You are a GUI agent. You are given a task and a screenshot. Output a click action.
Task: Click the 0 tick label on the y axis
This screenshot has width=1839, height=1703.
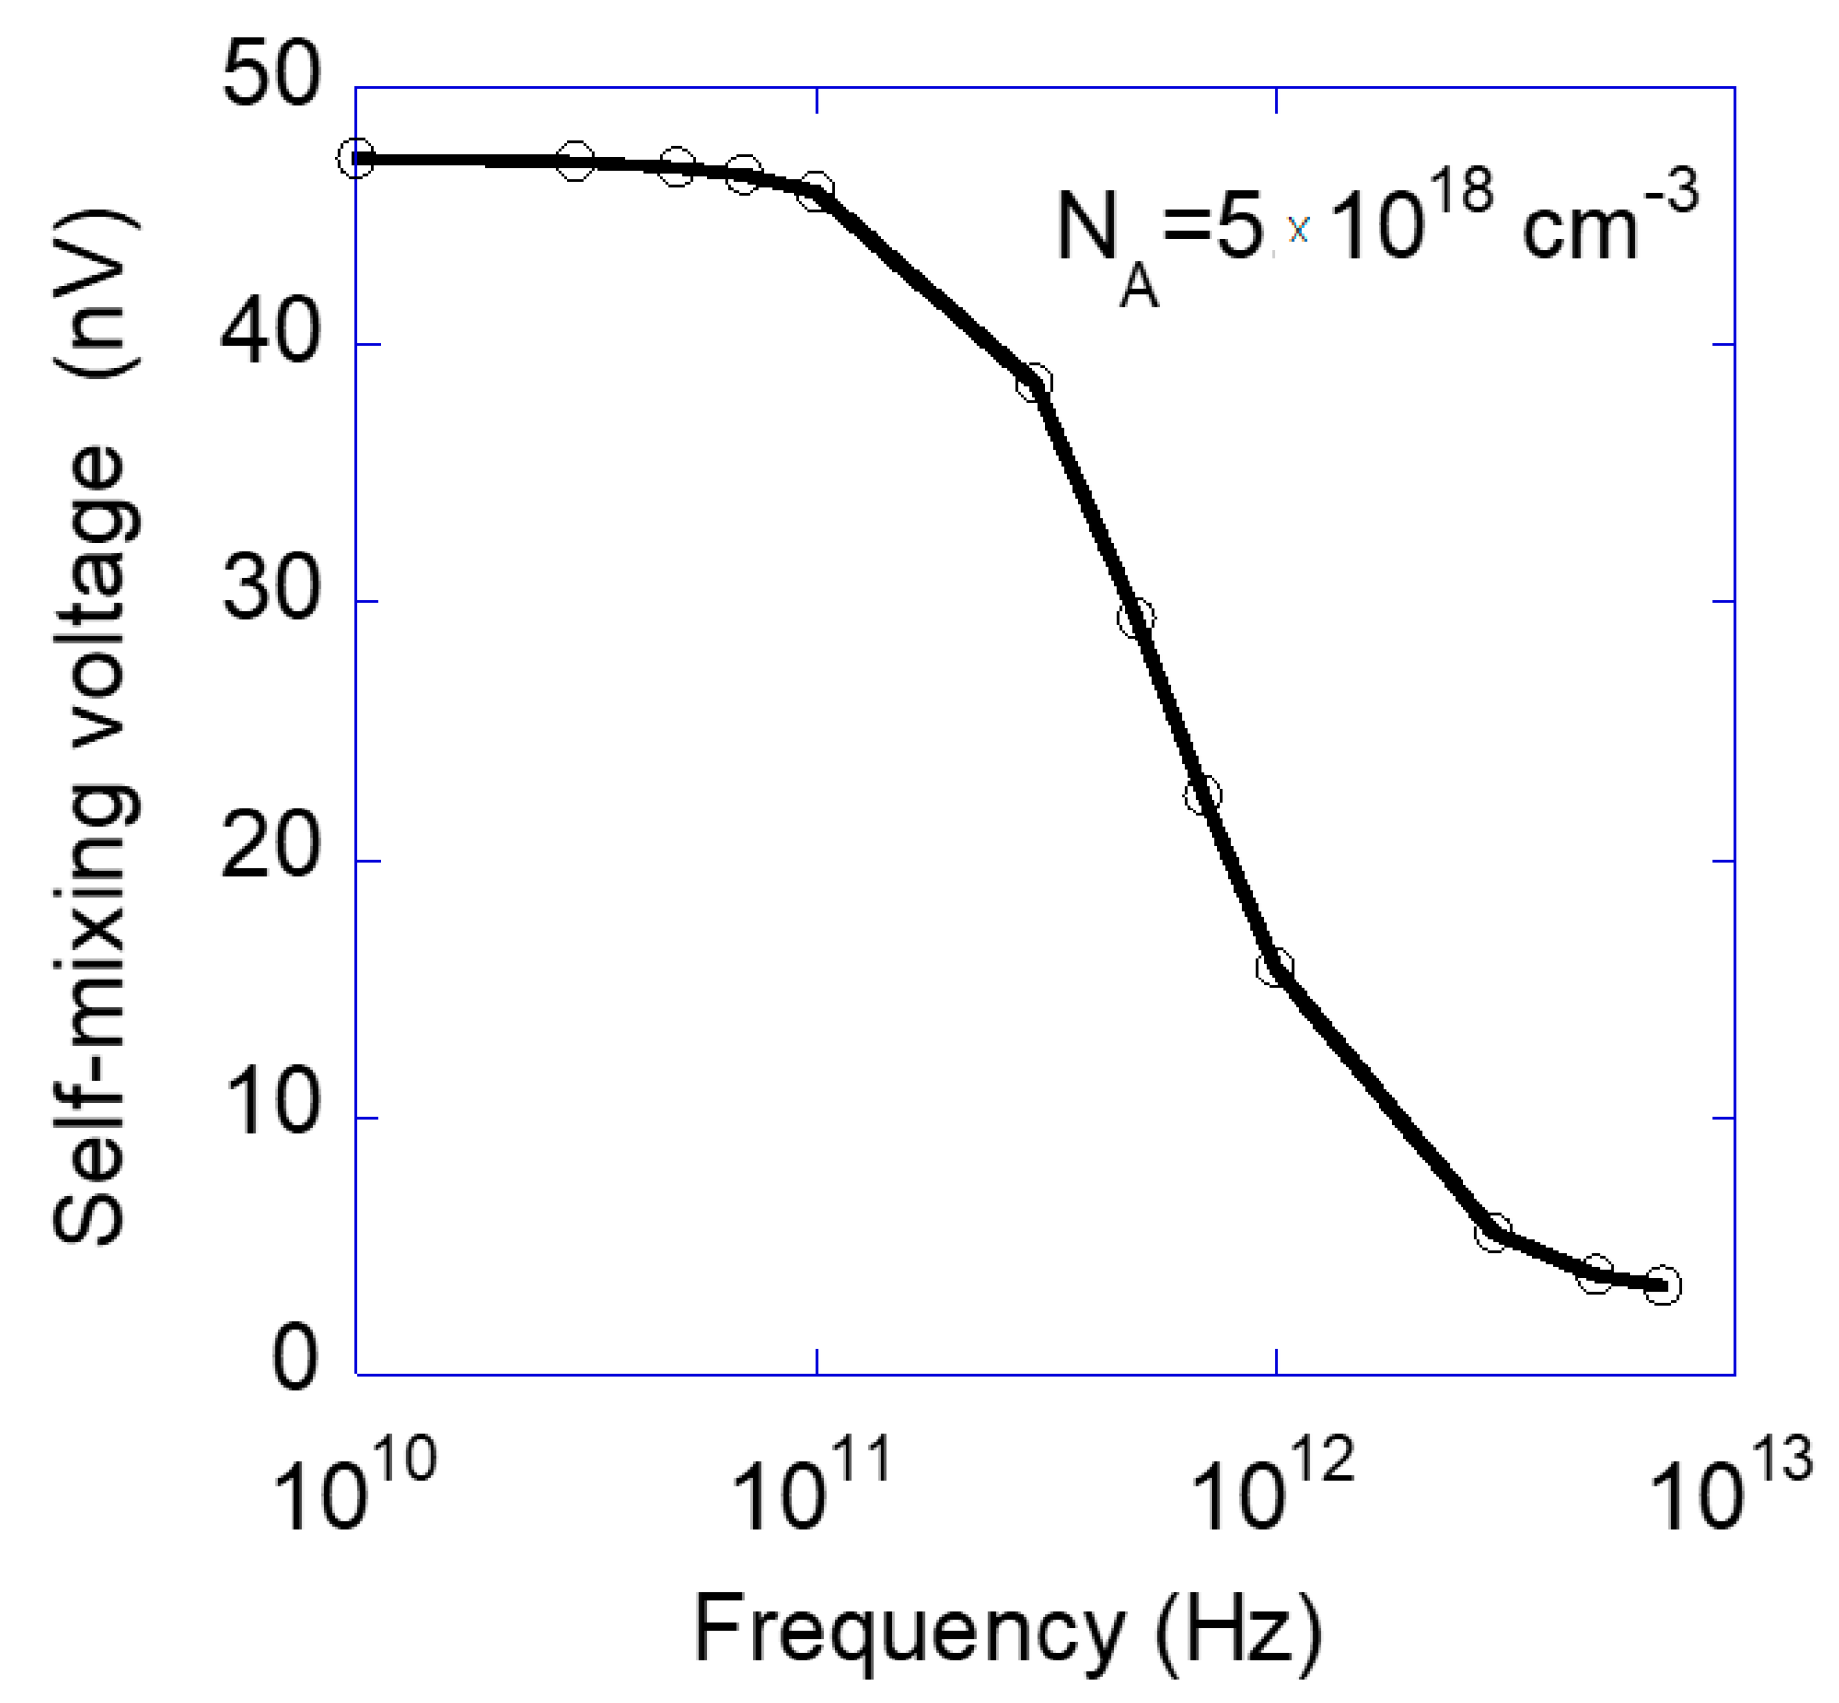294,1361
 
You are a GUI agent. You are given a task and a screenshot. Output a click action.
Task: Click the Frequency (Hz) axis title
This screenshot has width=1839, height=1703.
1008,1629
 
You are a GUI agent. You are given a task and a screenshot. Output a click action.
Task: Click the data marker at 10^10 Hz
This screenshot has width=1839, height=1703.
357,158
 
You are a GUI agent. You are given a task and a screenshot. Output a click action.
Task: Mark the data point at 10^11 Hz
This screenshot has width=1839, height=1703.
815,190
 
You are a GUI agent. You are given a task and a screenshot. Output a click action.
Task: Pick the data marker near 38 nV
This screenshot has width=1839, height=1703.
1034,382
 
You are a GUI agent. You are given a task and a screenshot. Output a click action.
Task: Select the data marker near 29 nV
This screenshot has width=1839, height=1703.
1136,618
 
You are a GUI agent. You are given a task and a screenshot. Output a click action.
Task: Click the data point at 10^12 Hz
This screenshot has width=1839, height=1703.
1275,966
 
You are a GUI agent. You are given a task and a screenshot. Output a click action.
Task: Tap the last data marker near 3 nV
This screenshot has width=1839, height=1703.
1662,1285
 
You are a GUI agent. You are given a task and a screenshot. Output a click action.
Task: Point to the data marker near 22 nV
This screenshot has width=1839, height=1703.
1203,794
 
